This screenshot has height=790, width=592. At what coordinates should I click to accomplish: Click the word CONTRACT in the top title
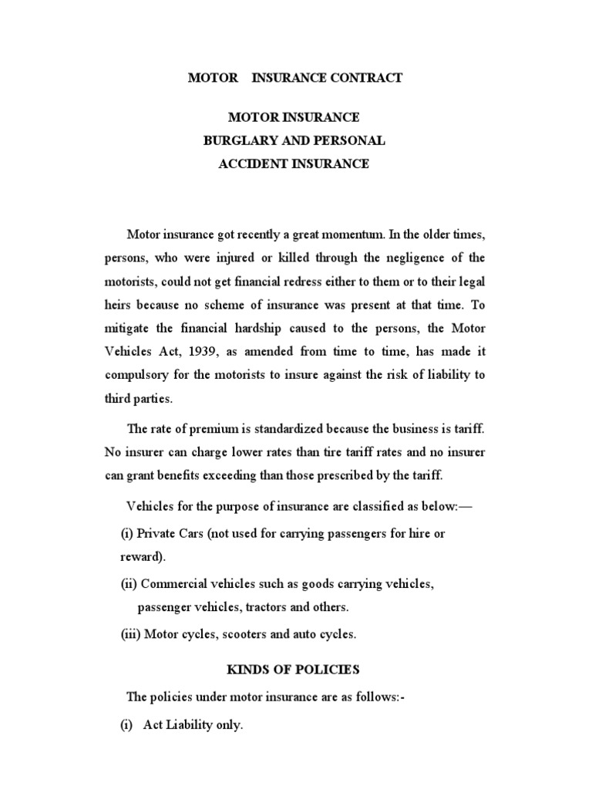coord(367,78)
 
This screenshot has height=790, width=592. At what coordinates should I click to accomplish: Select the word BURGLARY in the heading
coord(236,140)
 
